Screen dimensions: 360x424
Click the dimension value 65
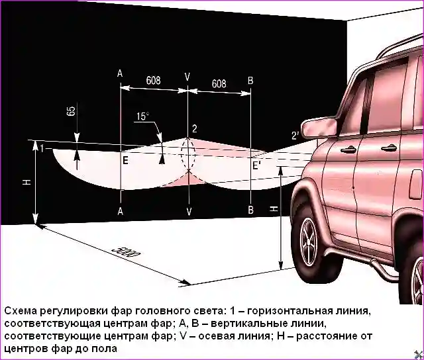[x=70, y=111]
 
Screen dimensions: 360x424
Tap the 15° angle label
[x=143, y=116]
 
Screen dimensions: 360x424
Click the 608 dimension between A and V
[x=153, y=81]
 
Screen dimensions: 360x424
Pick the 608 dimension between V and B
[x=219, y=83]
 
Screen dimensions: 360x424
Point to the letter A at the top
[x=120, y=74]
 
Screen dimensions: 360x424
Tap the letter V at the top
[x=187, y=77]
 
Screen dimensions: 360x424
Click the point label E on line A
[x=125, y=159]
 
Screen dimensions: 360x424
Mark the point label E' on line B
[x=257, y=165]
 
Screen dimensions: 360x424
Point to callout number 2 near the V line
[x=194, y=128]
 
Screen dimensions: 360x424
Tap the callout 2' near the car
[x=294, y=136]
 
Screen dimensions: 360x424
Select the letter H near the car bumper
[x=274, y=208]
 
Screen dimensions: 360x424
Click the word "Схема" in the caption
[x=21, y=311]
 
